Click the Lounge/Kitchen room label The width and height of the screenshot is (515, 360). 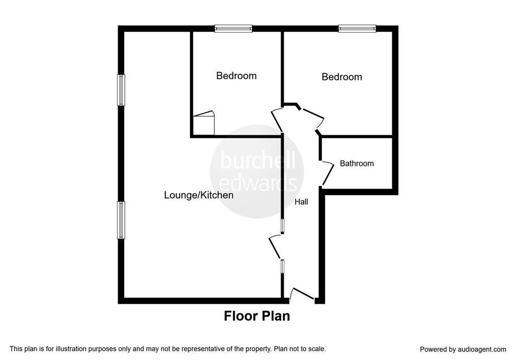click(x=199, y=195)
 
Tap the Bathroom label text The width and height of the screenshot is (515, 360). click(x=357, y=163)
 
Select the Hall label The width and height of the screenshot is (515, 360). click(x=301, y=202)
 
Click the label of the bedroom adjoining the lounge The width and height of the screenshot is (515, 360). click(x=236, y=76)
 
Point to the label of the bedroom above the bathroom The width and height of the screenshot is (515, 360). click(x=342, y=77)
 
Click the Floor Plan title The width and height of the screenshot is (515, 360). click(x=256, y=316)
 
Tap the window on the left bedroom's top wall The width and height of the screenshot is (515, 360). click(x=233, y=29)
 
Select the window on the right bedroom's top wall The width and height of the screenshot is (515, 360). click(x=357, y=29)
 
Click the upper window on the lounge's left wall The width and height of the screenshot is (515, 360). click(x=121, y=91)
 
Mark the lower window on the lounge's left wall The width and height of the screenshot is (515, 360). click(x=121, y=220)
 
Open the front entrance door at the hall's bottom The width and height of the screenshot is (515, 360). click(x=302, y=294)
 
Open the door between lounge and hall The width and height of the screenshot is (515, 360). click(x=276, y=246)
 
